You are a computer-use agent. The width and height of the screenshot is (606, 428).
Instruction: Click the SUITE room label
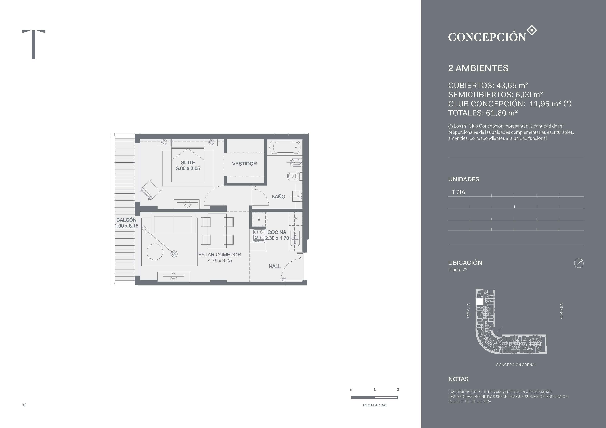click(188, 162)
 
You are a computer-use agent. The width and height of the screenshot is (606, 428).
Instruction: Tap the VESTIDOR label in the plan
click(244, 164)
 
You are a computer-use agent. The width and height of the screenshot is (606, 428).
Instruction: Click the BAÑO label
click(278, 197)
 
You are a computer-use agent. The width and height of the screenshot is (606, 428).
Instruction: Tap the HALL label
click(274, 266)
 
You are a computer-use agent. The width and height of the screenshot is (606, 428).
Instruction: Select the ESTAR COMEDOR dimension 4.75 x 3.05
click(220, 261)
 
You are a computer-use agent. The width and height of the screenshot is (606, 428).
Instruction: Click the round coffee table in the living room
click(155, 252)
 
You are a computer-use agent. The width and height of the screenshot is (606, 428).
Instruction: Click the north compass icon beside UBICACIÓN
click(579, 263)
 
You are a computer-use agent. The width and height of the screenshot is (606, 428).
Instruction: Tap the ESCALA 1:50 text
click(374, 405)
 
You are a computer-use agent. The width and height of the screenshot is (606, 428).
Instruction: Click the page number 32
click(24, 405)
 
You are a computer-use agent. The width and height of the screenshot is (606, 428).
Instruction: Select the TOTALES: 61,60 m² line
click(483, 113)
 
